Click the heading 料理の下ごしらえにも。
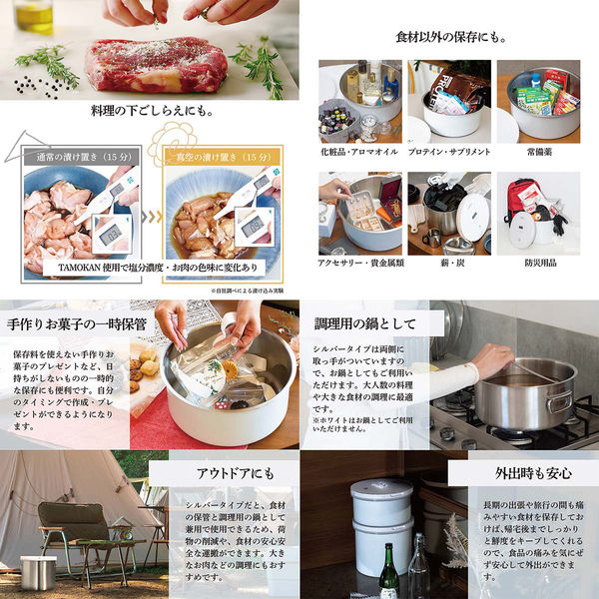tap(150, 111)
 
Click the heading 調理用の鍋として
tap(365, 323)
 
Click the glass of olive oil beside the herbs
tap(34, 15)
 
